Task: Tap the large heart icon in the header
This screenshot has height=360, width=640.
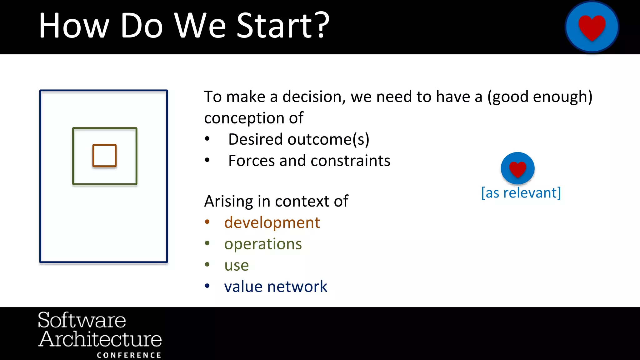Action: coord(592,27)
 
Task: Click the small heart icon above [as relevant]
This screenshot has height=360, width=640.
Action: coord(517,168)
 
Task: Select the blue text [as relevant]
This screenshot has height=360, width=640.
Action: coord(521,193)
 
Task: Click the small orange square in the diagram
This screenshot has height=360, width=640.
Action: coord(104,155)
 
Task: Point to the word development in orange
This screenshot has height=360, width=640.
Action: coord(272,222)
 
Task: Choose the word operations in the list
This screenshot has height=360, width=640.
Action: coord(263,244)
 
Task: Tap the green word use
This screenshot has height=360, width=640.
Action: coord(236,265)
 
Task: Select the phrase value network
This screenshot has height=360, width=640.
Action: coord(276,287)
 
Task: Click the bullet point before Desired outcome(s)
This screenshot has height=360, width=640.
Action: coord(207,139)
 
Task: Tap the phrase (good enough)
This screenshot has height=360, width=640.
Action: coord(540,97)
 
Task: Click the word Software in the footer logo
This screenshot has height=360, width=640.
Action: coord(82,320)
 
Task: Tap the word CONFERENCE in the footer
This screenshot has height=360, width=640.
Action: coord(129,355)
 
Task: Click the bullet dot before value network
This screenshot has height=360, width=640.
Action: coord(207,286)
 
